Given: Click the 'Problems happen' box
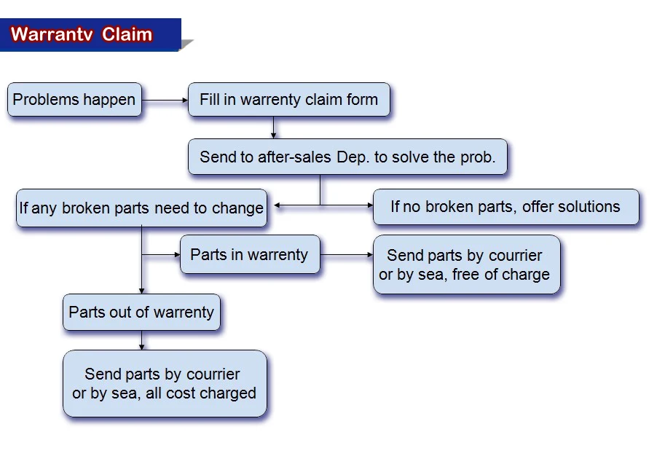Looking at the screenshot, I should [74, 100].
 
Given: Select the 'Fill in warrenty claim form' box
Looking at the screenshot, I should [288, 100].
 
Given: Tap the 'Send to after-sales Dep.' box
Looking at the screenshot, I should [347, 157].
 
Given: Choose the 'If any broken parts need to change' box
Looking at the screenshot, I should [141, 208].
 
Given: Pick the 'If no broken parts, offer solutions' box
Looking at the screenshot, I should [505, 207].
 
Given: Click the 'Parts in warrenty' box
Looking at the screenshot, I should [249, 255].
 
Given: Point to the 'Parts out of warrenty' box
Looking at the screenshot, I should [141, 313].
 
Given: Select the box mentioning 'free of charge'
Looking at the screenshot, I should [466, 265].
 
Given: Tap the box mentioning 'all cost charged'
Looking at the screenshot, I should [165, 384].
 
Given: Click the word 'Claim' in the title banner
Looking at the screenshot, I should [127, 34].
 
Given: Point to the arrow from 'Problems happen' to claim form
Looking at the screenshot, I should [165, 100].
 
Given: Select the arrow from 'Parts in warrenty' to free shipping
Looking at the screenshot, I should [347, 256].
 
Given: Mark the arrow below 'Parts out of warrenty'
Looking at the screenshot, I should [141, 340].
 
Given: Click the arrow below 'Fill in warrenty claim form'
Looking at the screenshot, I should [273, 127].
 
